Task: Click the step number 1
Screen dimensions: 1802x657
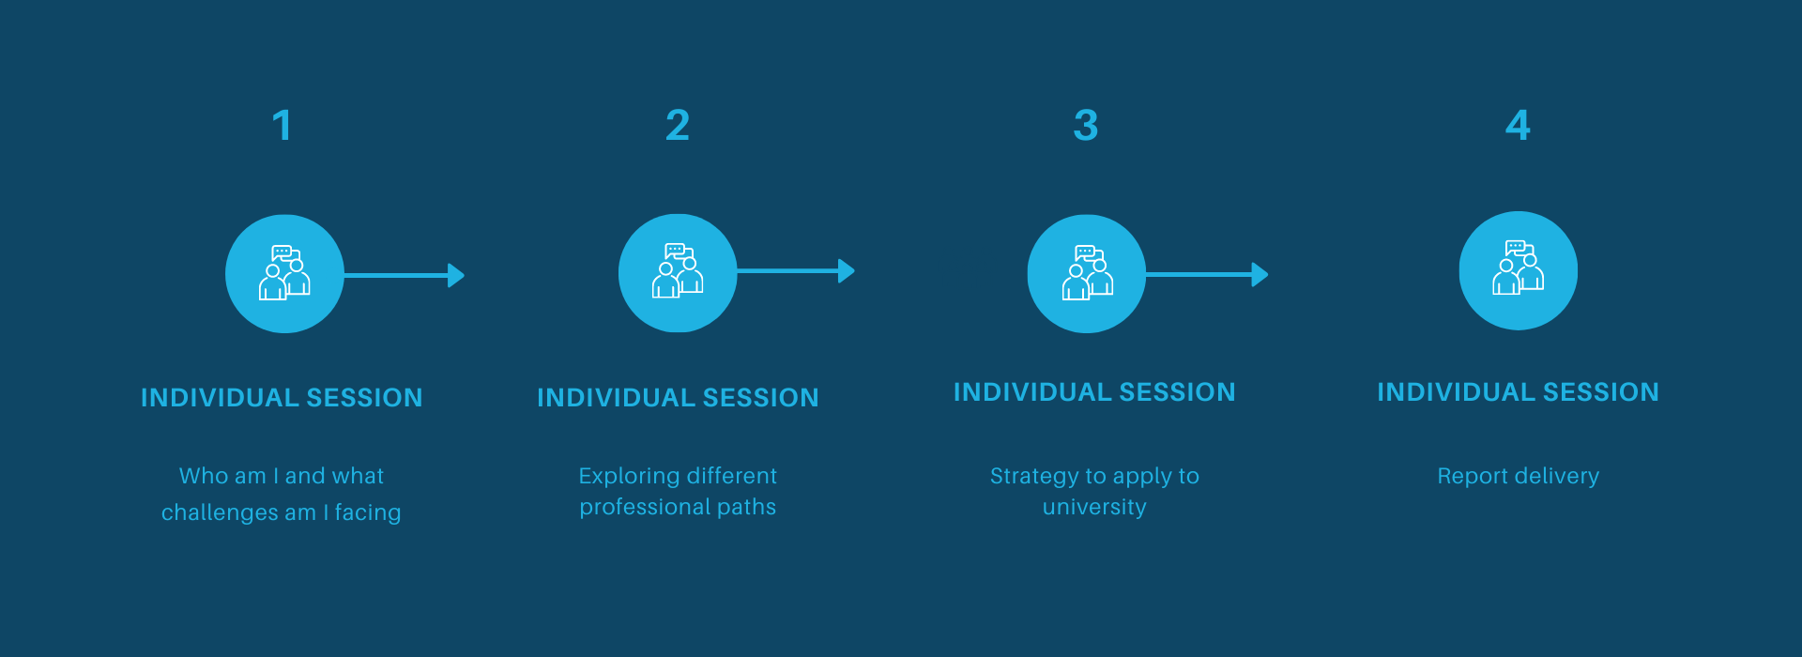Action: (283, 126)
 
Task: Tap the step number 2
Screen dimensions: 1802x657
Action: (678, 126)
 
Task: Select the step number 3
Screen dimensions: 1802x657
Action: (1086, 126)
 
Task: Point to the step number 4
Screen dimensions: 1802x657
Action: (1518, 126)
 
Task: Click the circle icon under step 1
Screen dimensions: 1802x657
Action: (284, 274)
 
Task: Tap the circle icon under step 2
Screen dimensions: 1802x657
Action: (678, 273)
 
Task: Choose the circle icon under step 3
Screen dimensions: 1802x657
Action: (1087, 274)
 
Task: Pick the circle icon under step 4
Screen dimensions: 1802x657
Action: (1519, 270)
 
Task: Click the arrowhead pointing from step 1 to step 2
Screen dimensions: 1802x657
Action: (456, 275)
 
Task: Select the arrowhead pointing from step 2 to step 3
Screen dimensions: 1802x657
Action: (847, 271)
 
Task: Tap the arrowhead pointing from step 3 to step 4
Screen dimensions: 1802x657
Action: (1260, 274)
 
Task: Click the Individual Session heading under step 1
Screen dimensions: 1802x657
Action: (282, 398)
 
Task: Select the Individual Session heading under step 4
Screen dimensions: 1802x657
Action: (1518, 392)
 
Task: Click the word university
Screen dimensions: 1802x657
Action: (1094, 507)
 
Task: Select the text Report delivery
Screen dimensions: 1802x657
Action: (1519, 476)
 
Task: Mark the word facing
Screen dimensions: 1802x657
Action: (368, 512)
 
